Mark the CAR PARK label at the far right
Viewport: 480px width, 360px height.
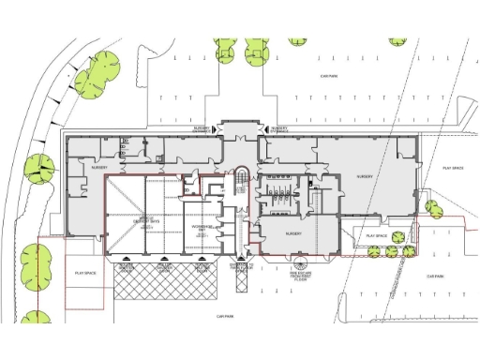tap(434, 276)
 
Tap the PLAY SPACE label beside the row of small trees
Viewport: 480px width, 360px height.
tap(377, 235)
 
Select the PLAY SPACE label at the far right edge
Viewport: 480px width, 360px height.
tap(452, 168)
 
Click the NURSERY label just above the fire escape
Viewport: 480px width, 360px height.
tap(288, 232)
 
